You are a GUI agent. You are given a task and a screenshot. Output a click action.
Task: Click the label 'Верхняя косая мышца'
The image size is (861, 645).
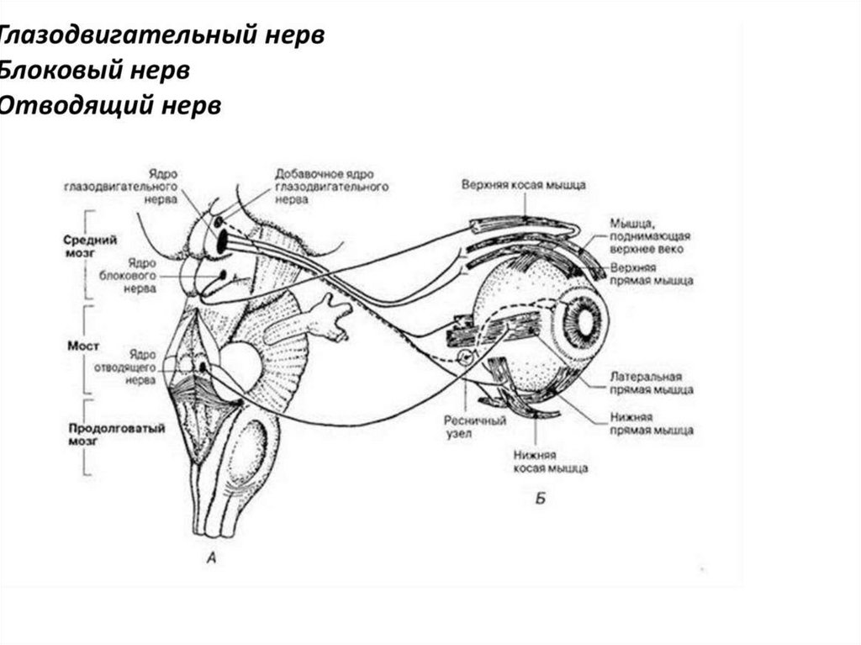(523, 184)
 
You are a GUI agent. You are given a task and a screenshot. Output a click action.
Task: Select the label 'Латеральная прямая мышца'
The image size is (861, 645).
(652, 383)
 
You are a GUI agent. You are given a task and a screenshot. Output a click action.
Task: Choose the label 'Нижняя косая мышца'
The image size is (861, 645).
(550, 461)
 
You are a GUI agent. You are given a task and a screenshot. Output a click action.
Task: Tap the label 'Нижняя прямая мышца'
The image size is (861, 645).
(652, 423)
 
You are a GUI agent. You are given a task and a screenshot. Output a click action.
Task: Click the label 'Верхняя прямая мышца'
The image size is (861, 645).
(652, 274)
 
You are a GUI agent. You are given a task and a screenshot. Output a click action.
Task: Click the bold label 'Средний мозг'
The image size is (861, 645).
(89, 245)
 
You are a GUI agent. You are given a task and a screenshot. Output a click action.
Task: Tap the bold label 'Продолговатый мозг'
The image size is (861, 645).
(92, 433)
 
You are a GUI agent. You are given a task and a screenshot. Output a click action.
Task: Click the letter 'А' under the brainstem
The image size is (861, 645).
(212, 556)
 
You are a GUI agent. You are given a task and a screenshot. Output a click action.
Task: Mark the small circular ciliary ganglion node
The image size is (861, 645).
(465, 359)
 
